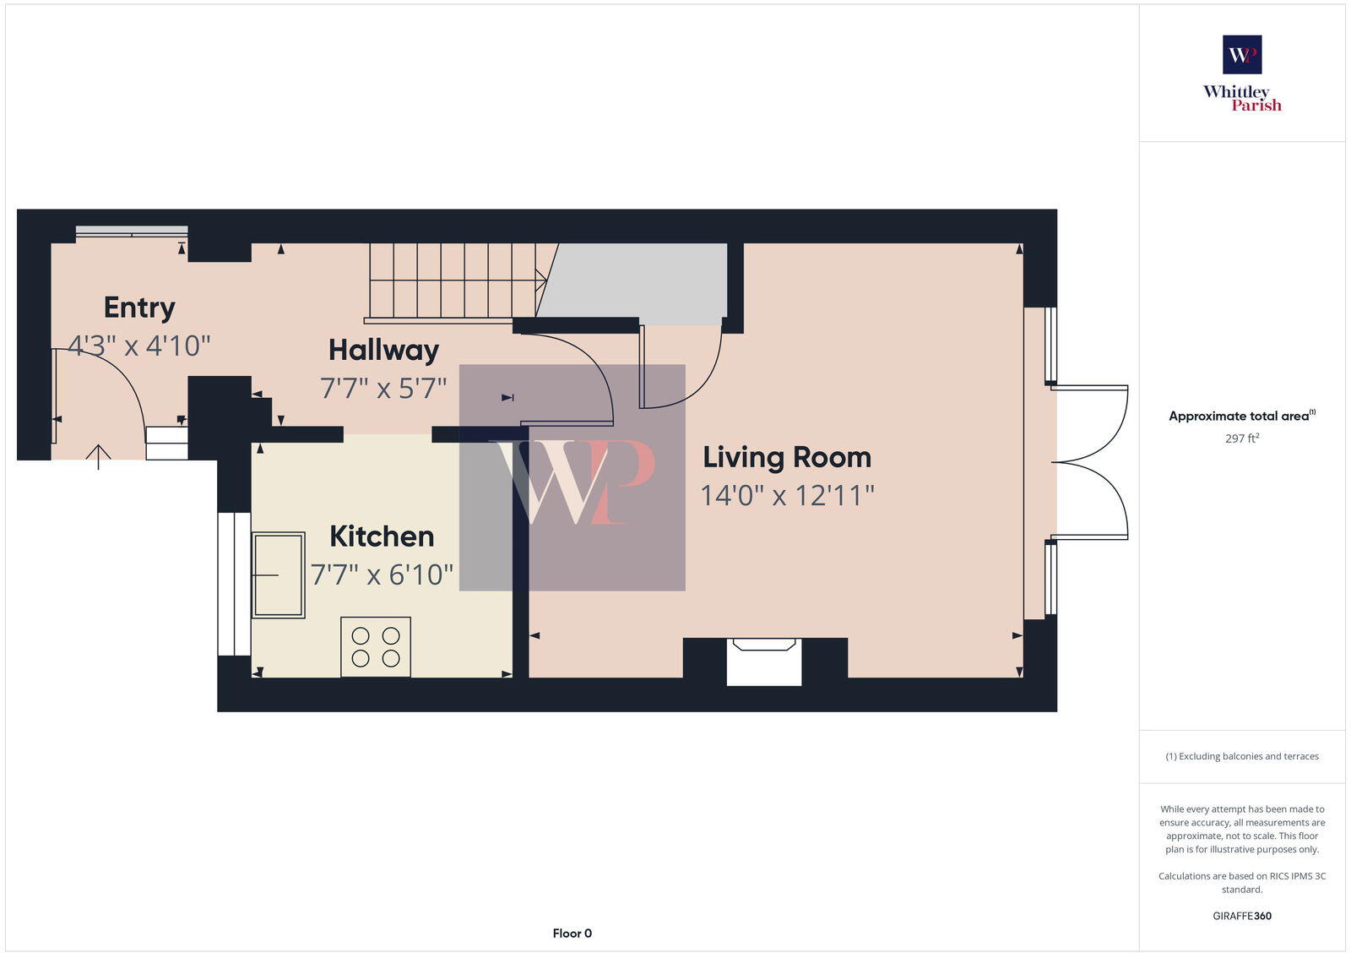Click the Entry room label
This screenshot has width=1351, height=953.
click(139, 308)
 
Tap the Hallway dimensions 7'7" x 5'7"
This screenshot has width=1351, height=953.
click(383, 389)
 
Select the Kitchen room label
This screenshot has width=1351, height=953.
click(382, 536)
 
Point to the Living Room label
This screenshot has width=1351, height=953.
click(787, 457)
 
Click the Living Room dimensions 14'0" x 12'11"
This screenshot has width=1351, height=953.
click(787, 495)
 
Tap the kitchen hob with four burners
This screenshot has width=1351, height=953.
click(376, 647)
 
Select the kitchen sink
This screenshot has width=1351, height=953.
click(278, 575)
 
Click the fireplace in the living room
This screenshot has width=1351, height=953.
click(764, 662)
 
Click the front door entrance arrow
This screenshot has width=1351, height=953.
click(99, 457)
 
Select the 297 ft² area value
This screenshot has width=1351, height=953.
click(1242, 438)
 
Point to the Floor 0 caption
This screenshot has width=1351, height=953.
click(572, 934)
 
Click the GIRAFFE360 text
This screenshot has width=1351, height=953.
click(1242, 916)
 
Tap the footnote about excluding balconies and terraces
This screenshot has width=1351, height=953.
click(1242, 756)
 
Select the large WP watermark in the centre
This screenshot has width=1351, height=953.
click(572, 478)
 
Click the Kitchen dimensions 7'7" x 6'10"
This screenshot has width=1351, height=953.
click(382, 575)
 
